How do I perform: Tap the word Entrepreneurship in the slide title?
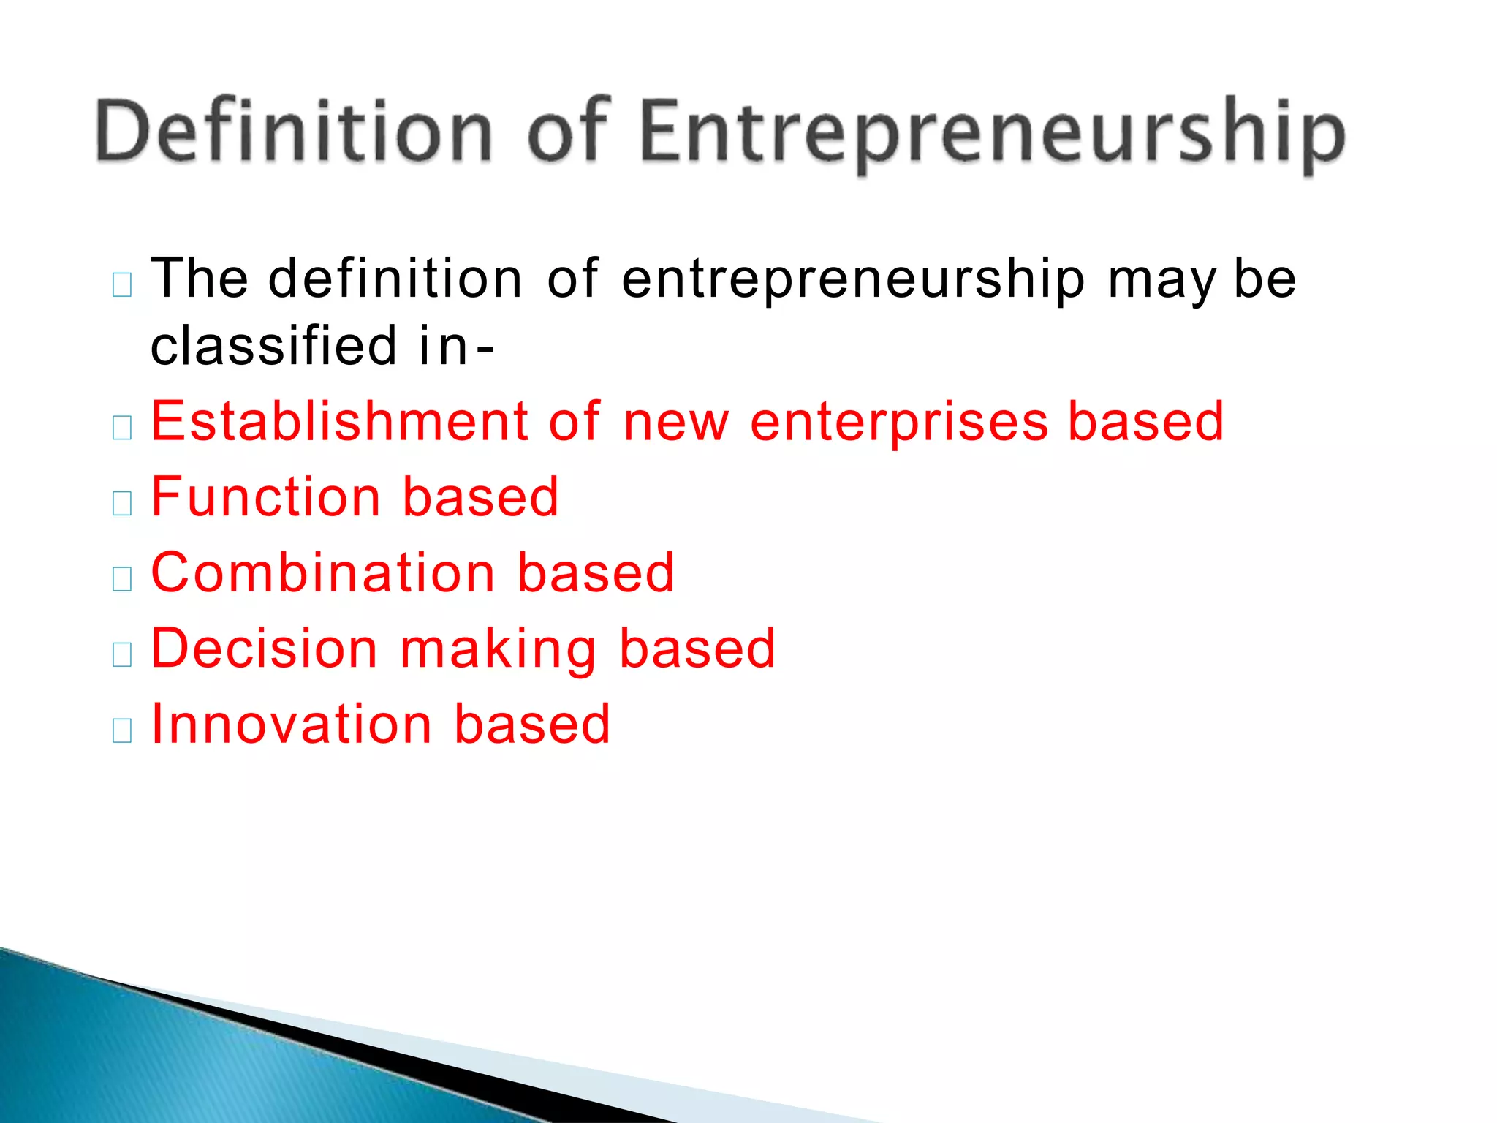pos(992,135)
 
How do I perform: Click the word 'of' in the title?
pos(568,132)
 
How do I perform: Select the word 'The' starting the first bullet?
pos(200,279)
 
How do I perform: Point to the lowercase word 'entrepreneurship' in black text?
pos(853,281)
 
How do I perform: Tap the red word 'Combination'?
pos(323,572)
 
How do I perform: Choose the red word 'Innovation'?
pos(292,724)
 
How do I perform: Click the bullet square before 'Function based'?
pos(122,503)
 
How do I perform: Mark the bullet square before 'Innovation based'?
pos(122,730)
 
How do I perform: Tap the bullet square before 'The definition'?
pos(122,284)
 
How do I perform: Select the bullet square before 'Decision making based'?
pos(122,654)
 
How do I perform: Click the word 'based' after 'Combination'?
pos(596,572)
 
